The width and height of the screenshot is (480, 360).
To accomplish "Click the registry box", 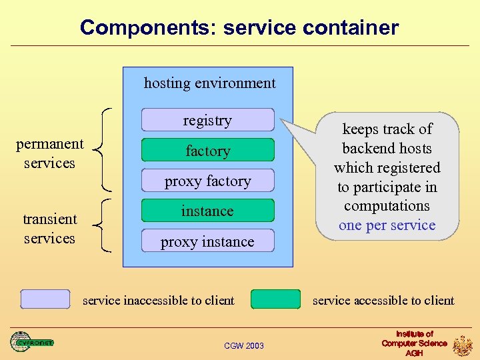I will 207,120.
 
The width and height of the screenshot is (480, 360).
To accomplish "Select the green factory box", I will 207,151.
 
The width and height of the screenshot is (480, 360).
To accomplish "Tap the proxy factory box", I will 207,181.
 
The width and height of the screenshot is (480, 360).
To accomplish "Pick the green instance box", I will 207,211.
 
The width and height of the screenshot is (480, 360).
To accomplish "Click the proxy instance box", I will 207,241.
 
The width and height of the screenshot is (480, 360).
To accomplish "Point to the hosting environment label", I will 209,83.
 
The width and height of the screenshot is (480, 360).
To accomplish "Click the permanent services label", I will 49,153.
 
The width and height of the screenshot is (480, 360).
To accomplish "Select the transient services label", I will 49,229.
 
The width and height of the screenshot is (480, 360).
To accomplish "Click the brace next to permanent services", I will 102,148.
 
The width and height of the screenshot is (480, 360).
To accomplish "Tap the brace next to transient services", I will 102,226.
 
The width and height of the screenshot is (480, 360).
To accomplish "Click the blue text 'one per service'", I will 387,225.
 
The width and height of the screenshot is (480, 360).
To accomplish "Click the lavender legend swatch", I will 45,299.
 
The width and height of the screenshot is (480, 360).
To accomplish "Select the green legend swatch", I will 275,299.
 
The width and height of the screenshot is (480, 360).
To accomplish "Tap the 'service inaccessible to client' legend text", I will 158,300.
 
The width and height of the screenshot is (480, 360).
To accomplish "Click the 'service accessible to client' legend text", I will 383,300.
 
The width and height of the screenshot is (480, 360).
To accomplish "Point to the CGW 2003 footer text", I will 243,345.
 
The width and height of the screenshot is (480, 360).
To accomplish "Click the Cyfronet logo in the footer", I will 31,342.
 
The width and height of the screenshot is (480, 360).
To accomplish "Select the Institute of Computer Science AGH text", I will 414,343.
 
